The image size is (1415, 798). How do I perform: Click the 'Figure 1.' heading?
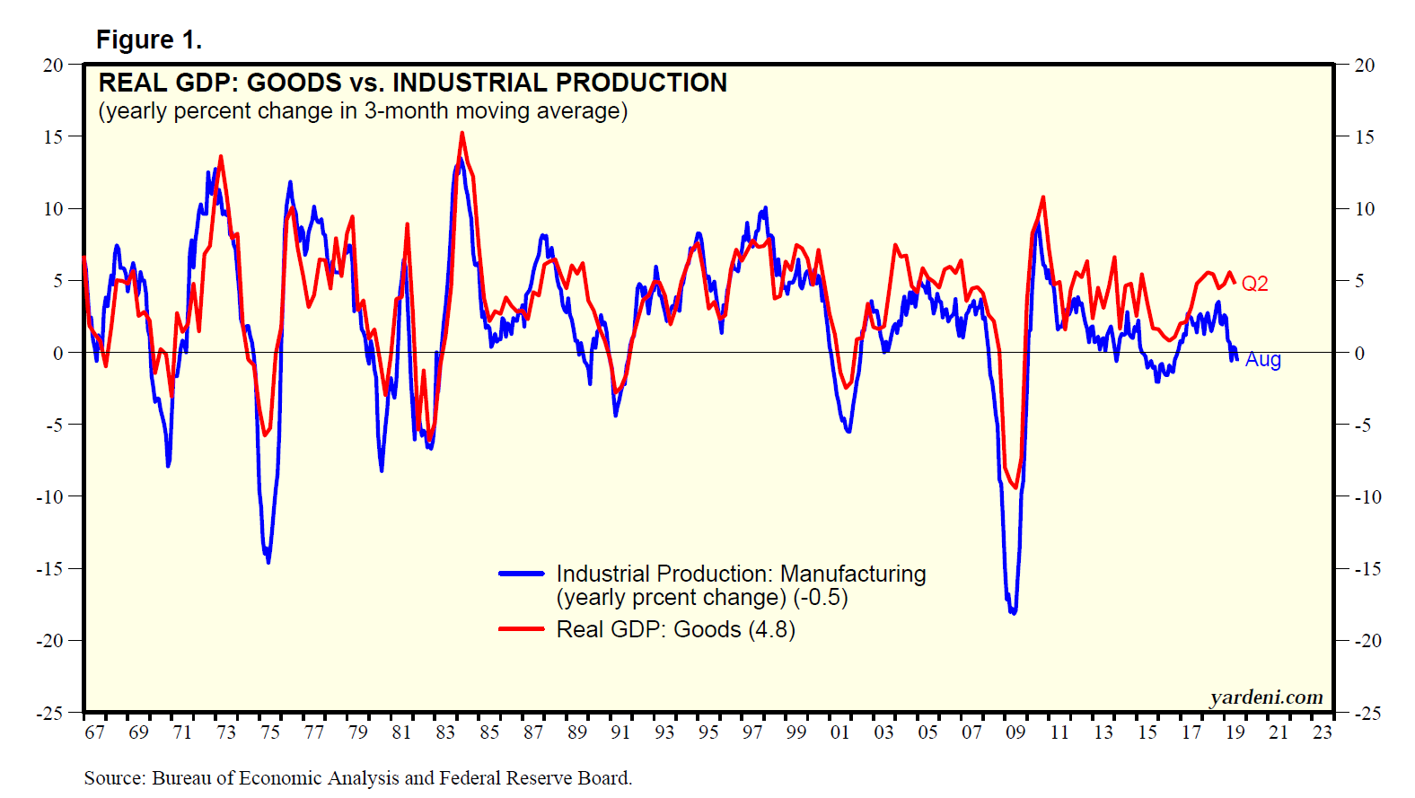pos(149,40)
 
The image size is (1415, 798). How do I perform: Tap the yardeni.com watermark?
pos(1266,697)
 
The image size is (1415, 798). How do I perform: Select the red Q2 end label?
pos(1254,284)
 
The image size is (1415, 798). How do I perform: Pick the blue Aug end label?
pos(1262,360)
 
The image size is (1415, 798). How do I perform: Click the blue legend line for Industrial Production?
pos(522,574)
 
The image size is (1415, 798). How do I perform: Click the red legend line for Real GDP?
pos(522,629)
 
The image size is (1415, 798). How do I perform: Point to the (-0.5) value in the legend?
pos(821,598)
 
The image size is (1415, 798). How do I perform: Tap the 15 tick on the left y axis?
pos(53,137)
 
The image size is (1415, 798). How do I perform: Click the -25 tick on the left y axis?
pos(49,714)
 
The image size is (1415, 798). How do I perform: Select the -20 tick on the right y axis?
pos(1367,641)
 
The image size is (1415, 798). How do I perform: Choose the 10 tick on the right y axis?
pos(1365,209)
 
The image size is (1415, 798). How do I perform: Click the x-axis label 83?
pos(445,732)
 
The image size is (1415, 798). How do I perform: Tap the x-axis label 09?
pos(1015,732)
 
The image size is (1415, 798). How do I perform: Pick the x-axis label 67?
pos(94,732)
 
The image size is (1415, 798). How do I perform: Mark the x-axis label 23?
pos(1322,732)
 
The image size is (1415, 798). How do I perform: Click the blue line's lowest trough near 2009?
pos(1014,613)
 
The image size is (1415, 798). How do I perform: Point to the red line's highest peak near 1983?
pos(461,134)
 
